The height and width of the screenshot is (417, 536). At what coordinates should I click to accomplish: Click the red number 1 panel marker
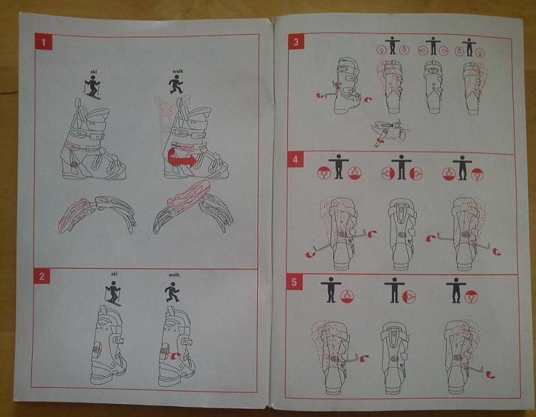click(44, 41)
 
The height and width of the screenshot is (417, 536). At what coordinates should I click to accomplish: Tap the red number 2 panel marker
click(42, 276)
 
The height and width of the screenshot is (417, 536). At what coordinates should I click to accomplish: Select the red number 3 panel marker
click(295, 42)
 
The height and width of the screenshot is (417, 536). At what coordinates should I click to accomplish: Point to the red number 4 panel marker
click(295, 159)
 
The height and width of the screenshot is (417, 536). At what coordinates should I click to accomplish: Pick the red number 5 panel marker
click(294, 282)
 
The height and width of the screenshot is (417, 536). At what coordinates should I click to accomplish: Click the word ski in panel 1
click(94, 72)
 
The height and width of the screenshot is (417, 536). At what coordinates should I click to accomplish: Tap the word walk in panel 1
click(178, 72)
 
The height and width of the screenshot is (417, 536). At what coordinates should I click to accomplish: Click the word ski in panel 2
click(114, 274)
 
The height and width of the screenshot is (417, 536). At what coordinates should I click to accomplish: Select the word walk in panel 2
click(174, 274)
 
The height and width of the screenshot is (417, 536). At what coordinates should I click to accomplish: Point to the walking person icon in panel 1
click(176, 85)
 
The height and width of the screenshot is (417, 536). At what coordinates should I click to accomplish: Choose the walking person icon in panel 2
click(172, 292)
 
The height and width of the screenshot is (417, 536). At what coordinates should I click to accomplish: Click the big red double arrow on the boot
click(182, 160)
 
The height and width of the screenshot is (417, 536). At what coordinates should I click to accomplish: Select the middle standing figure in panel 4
click(401, 167)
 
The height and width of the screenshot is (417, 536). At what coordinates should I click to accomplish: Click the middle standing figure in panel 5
click(395, 290)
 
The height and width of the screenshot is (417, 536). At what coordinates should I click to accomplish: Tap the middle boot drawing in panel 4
click(403, 234)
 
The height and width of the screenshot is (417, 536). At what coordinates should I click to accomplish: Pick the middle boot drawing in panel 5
click(395, 358)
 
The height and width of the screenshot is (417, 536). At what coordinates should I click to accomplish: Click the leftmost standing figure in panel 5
click(331, 290)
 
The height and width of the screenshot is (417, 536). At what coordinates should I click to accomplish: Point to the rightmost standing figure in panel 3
click(468, 48)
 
